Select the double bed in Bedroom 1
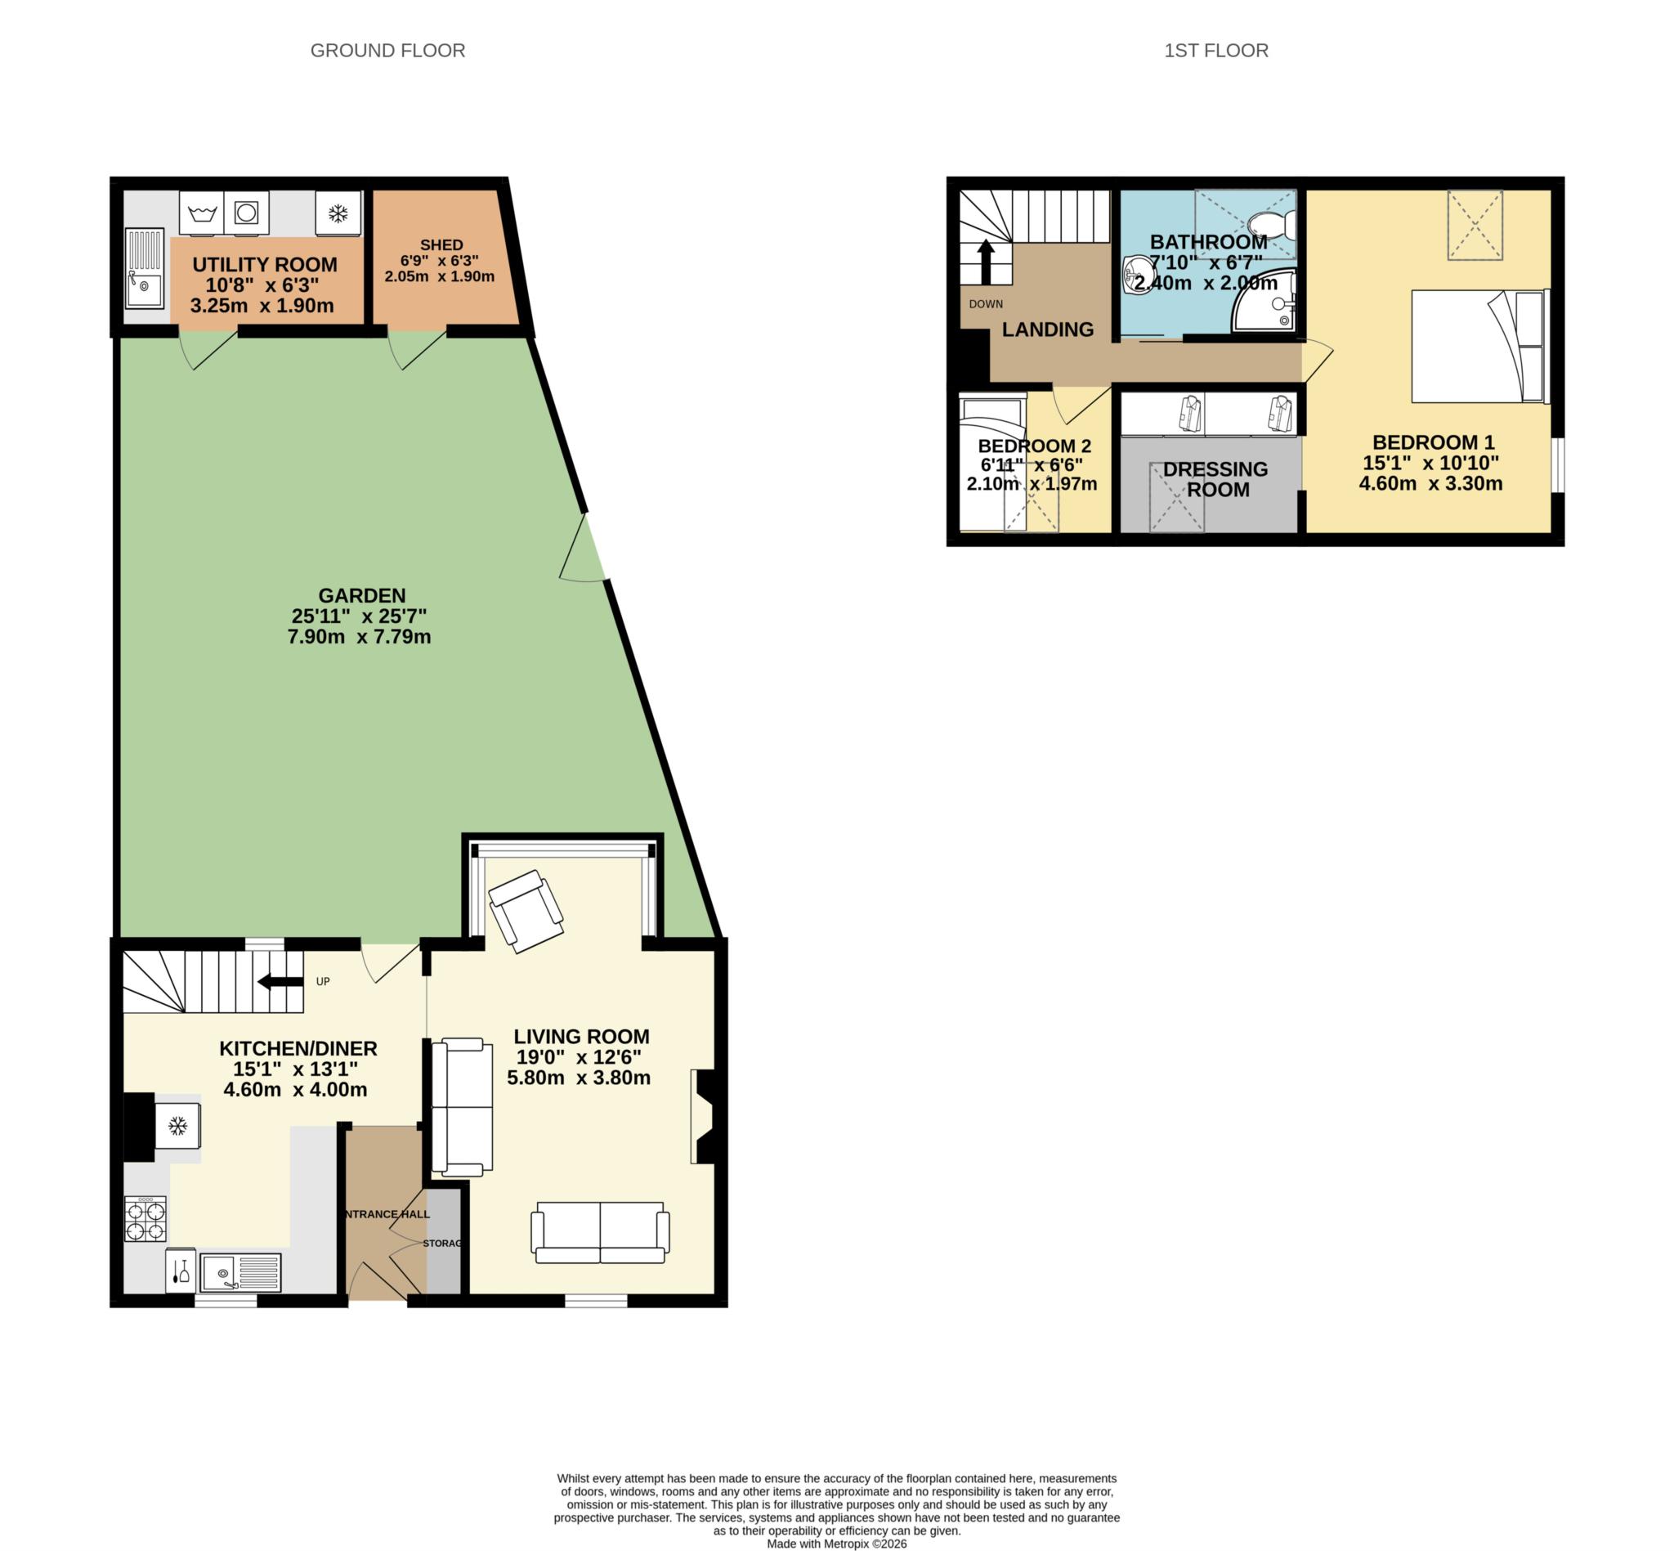1477,346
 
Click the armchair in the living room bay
526,911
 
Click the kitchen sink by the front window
240,1273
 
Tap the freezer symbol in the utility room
338,213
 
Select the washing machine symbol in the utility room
201,213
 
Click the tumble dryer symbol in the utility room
247,213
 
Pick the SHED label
441,244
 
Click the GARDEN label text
361,596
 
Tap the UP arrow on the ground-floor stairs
281,981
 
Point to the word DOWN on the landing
985,304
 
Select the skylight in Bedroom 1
1475,225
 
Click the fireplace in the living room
703,1116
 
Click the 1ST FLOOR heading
1215,51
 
